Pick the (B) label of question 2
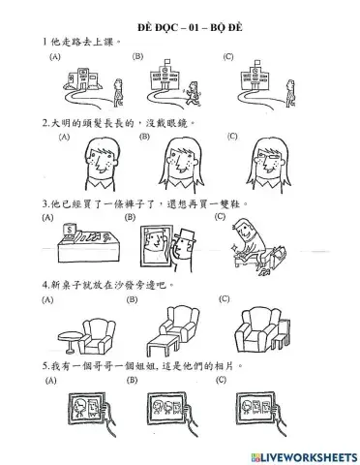click(x=144, y=138)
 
